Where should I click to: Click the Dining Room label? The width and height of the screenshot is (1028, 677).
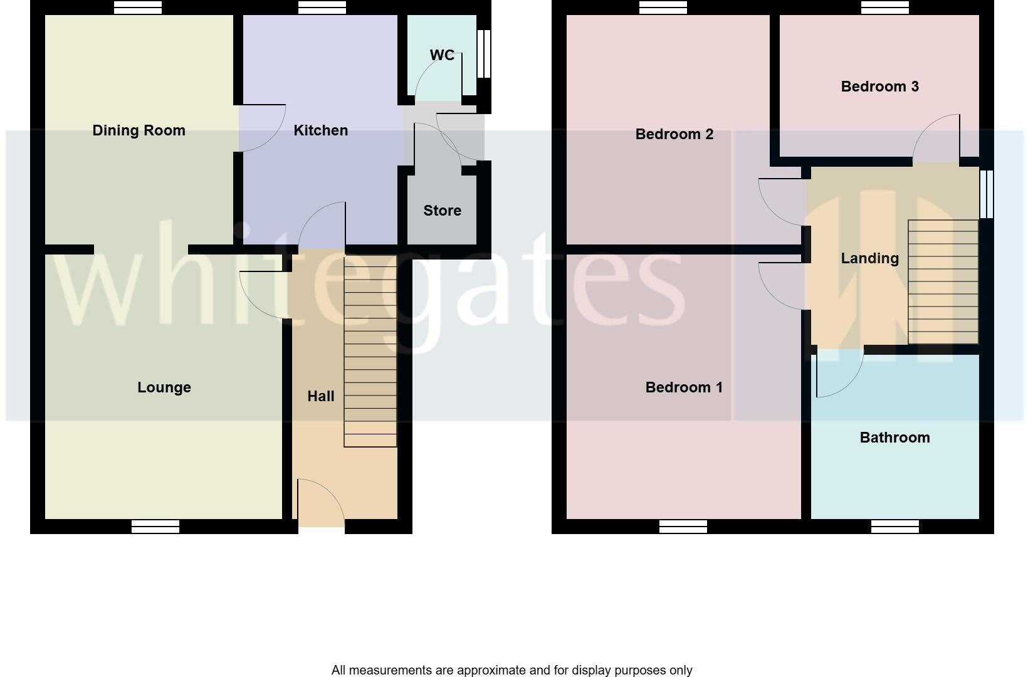tap(139, 130)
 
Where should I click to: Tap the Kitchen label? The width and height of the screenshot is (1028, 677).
tap(320, 130)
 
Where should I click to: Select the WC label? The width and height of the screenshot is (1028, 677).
tap(442, 55)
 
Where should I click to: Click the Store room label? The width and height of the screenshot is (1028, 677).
tap(442, 211)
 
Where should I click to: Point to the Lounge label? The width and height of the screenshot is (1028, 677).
tap(164, 387)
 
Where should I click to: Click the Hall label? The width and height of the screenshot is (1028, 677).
tap(320, 396)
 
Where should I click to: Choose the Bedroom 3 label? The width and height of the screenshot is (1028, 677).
tap(879, 87)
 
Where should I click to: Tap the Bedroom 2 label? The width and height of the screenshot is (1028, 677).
tap(674, 134)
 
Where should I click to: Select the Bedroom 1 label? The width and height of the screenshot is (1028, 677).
tap(684, 387)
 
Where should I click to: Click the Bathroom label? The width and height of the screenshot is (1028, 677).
tap(894, 438)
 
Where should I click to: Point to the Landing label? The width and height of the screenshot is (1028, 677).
tap(869, 258)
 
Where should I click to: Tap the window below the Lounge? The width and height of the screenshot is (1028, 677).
tap(155, 527)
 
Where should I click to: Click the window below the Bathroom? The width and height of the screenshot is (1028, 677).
tap(895, 527)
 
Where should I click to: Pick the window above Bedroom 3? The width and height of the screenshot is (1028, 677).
tap(885, 8)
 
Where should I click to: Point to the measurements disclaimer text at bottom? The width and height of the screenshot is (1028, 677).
tap(511, 670)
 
